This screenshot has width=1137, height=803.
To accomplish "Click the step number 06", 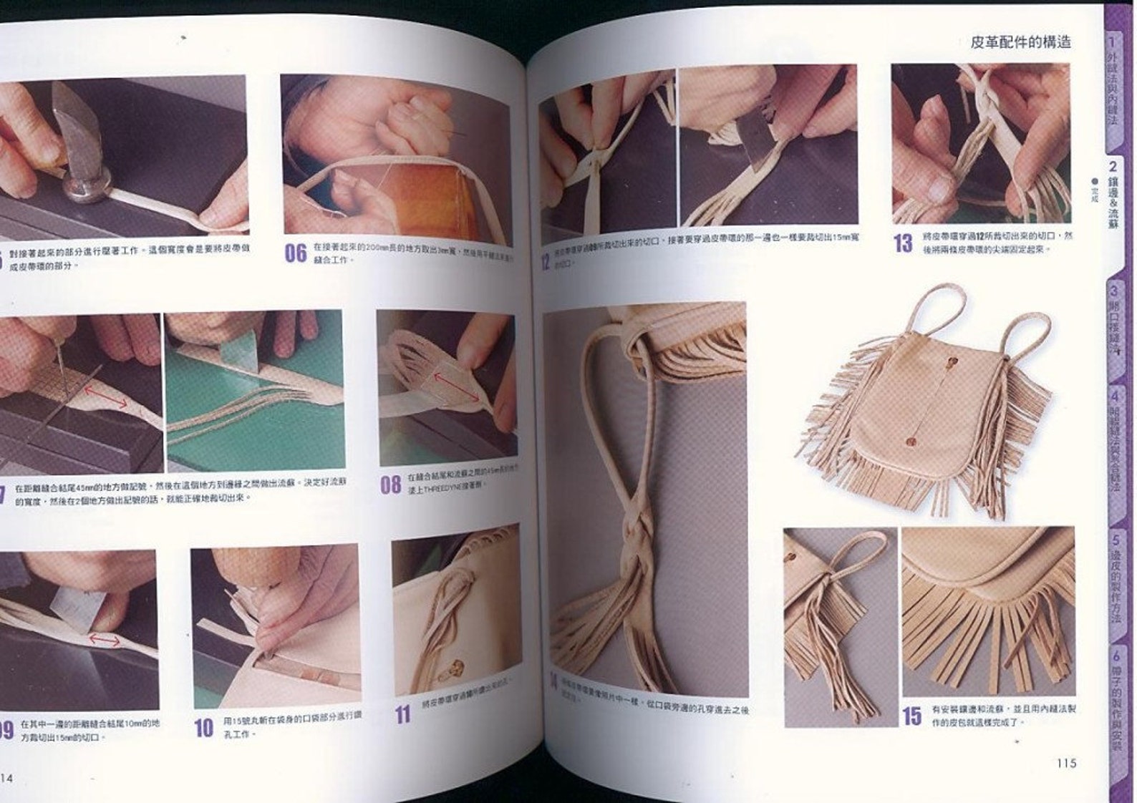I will coord(295,253).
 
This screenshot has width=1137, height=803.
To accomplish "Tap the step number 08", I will coord(390,485).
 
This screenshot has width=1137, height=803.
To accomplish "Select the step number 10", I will coord(204,728).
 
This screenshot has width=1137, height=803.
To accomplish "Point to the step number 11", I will coord(403,714).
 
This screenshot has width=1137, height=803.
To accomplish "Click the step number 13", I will coord(903,243).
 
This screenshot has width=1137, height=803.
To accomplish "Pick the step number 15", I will coord(911,716).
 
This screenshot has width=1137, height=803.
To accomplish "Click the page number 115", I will coord(1066,763).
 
